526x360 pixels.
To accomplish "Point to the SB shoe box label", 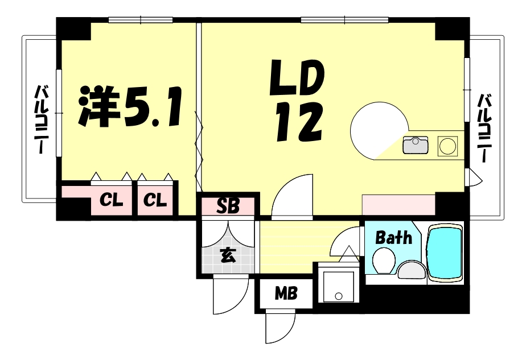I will pos(227,205).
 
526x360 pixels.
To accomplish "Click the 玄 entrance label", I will pos(227,255).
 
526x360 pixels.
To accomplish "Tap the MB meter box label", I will pos(285,294).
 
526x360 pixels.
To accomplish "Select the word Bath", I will pos(393,237).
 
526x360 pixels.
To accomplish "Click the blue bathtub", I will pos(446,253).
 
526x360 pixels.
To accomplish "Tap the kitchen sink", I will pos(416,146).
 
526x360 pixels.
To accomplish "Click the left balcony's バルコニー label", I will pos(40,119).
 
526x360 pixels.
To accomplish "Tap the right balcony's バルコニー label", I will pos(484,127).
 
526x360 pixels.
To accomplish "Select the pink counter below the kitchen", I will pos(398,202).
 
